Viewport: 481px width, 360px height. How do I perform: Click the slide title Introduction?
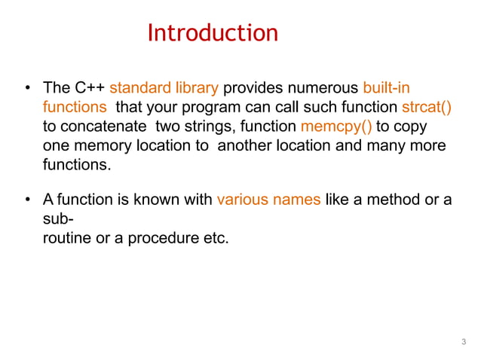213,33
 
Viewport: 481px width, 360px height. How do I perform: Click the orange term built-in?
386,88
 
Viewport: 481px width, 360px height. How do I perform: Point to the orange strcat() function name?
427,107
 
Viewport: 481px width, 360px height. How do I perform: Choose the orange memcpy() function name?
336,126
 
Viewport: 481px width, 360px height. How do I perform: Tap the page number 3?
464,343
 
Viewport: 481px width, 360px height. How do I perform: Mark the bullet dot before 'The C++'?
27,89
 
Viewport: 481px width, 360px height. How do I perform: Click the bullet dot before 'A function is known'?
27,201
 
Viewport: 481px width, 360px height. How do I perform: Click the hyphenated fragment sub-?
57,219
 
